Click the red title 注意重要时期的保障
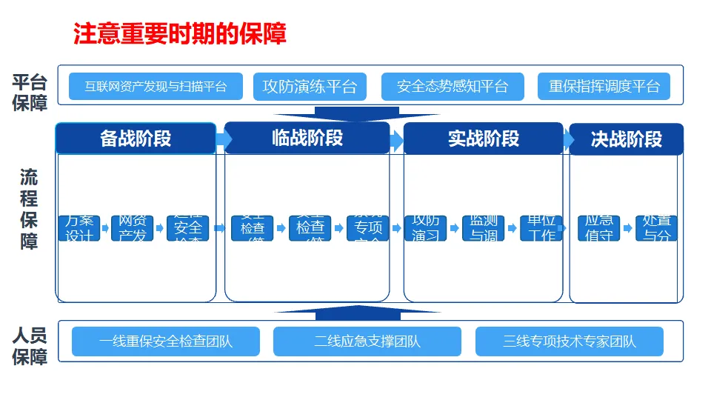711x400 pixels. click(x=179, y=33)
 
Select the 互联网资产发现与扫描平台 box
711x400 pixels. click(x=156, y=86)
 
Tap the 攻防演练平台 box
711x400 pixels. click(x=310, y=86)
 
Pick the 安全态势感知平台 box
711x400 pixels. click(x=453, y=86)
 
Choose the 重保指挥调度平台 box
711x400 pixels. click(x=604, y=86)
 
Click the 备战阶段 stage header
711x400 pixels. click(x=136, y=139)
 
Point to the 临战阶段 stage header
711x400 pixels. click(x=307, y=138)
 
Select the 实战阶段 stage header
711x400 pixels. click(x=484, y=139)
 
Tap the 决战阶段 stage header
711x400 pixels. click(x=626, y=139)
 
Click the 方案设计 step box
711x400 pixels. click(x=79, y=228)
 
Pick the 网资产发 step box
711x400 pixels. click(x=133, y=228)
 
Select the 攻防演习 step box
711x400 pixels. click(x=426, y=228)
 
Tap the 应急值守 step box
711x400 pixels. click(x=599, y=228)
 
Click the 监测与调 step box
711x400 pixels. click(x=484, y=228)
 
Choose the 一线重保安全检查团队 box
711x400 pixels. click(x=166, y=341)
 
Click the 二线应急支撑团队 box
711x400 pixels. click(x=367, y=341)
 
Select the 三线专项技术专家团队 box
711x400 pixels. click(x=570, y=341)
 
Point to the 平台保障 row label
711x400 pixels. click(x=30, y=93)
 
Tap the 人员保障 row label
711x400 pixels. click(x=30, y=346)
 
